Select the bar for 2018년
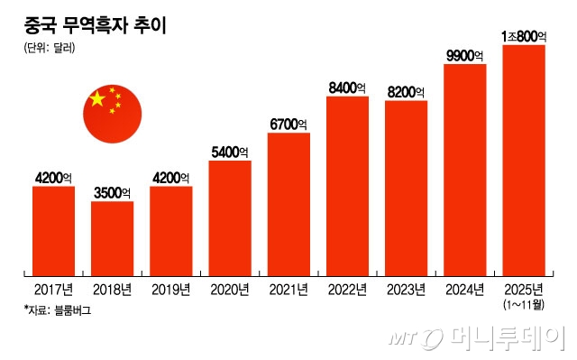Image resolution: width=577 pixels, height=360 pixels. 113,238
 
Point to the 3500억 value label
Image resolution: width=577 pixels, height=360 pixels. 113,192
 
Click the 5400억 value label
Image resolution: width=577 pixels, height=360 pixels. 230,152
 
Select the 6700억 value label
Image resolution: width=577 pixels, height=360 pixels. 288,124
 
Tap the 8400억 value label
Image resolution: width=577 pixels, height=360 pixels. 347,88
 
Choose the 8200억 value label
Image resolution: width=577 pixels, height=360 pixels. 406,92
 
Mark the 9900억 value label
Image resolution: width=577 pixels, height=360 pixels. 465,56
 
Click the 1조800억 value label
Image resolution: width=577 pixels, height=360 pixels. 524,36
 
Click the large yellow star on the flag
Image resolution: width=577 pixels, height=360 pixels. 97,97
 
